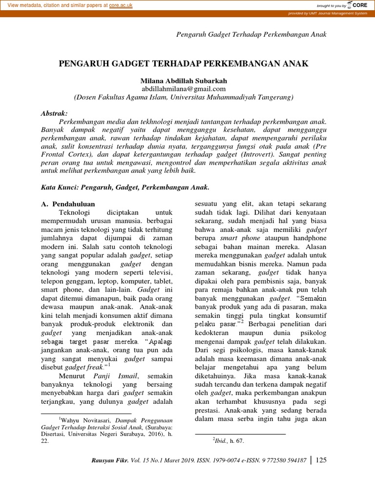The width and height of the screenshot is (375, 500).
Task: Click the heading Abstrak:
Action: tap(55, 113)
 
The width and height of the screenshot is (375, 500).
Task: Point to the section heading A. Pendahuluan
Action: tap(68, 204)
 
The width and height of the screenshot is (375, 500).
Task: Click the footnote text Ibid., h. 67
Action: tap(228, 440)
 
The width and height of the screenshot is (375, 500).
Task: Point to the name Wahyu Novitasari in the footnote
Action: tap(85, 419)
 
